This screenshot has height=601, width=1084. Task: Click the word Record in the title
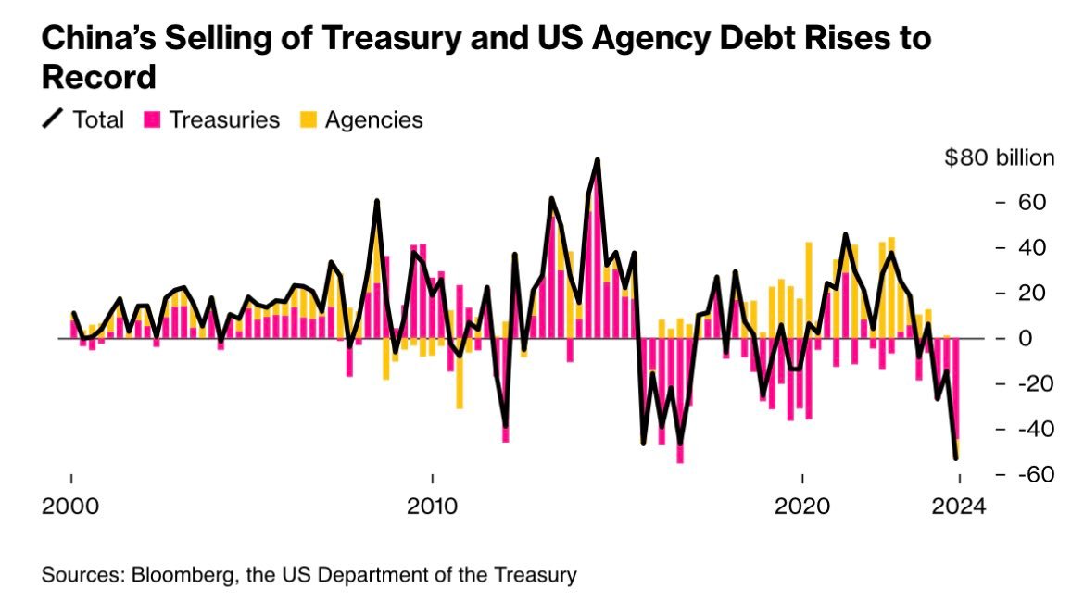(99, 78)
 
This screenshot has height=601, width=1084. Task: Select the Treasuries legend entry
(224, 119)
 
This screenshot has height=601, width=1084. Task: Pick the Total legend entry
(97, 119)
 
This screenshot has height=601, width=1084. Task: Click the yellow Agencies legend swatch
(308, 119)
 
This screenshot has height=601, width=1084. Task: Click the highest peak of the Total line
(598, 160)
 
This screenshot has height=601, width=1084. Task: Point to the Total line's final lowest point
(956, 457)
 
